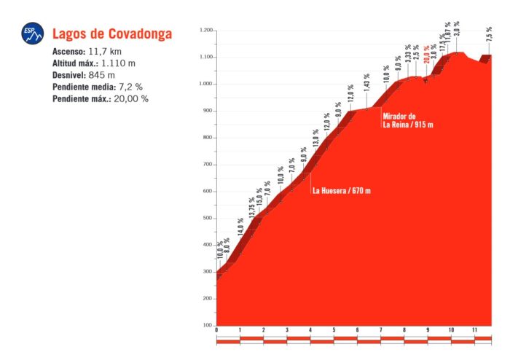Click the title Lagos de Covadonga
[111, 34]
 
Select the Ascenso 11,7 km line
[91, 52]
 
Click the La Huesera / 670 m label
[342, 191]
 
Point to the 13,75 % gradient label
[251, 208]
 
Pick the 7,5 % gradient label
[489, 34]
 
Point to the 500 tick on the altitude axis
[207, 218]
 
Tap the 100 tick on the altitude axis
[207, 325]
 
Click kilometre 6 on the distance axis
[357, 331]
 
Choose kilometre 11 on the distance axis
[474, 331]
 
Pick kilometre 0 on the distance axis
[216, 331]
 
